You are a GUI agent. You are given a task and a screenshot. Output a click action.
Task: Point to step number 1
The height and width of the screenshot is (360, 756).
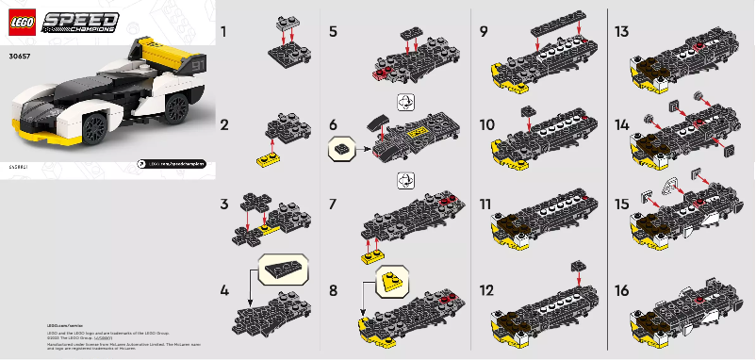(223, 32)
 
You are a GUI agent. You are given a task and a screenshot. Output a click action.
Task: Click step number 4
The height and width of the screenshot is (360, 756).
(223, 291)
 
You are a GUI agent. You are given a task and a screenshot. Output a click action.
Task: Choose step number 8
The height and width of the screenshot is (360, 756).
(333, 291)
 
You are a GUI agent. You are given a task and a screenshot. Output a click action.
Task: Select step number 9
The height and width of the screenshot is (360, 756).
(483, 32)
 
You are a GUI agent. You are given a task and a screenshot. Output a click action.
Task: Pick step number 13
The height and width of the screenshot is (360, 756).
(622, 32)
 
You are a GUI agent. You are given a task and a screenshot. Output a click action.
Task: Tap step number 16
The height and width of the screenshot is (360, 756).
(622, 291)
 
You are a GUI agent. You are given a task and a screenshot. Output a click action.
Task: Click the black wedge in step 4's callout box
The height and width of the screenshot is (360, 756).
(280, 270)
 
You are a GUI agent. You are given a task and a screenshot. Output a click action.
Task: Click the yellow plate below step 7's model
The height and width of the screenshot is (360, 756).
(370, 254)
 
